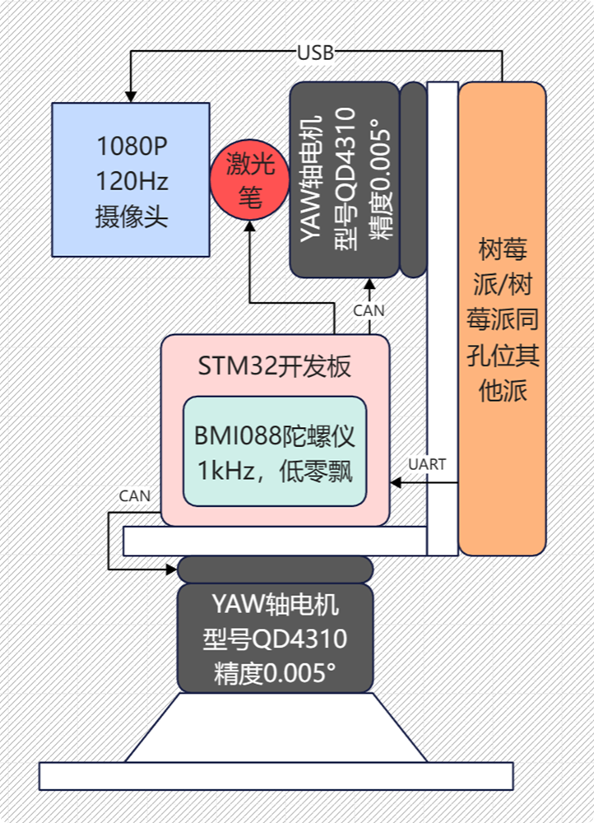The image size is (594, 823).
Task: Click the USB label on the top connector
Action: (315, 53)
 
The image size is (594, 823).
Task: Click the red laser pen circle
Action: (249, 179)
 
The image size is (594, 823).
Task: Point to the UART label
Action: (427, 465)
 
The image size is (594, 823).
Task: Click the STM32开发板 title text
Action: (274, 365)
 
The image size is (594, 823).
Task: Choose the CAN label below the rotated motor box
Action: (368, 311)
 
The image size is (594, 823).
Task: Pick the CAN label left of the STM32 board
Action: (135, 495)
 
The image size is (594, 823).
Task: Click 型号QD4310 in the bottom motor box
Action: (275, 639)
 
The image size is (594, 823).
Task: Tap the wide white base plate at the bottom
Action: (275, 775)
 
